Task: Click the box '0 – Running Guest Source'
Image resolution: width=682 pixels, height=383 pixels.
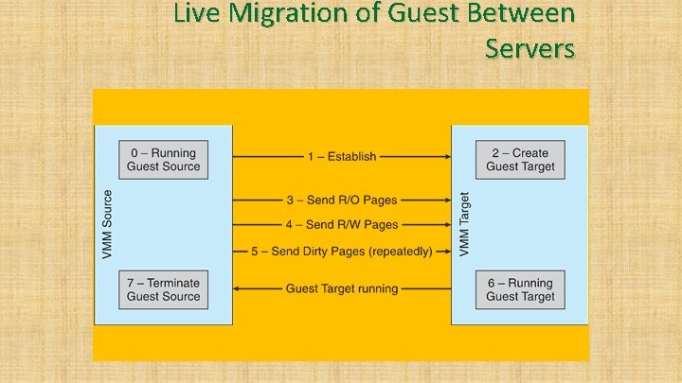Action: click(x=162, y=160)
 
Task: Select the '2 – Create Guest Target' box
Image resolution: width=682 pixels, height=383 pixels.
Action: click(x=520, y=160)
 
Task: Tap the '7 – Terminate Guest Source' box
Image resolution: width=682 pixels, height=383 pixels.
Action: click(x=163, y=289)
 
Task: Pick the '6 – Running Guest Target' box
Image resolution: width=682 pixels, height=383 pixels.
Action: click(x=520, y=289)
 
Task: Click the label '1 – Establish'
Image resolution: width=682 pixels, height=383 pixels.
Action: click(x=341, y=157)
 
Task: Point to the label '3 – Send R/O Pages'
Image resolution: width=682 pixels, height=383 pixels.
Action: click(x=341, y=200)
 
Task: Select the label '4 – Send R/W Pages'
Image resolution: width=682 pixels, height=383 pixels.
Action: click(x=341, y=225)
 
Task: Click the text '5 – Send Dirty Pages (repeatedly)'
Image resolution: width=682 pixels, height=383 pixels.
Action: click(x=341, y=251)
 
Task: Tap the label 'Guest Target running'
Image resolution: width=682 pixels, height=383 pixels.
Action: click(x=341, y=288)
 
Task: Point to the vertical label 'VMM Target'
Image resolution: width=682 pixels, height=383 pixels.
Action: click(x=464, y=224)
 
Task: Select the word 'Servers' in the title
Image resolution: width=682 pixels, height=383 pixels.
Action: click(x=529, y=46)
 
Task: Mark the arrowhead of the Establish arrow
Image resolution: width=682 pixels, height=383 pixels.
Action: click(x=447, y=157)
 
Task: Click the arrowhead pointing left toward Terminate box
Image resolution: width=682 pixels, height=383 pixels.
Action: click(x=237, y=288)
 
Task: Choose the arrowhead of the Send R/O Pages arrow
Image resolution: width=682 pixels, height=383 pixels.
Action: click(x=447, y=200)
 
